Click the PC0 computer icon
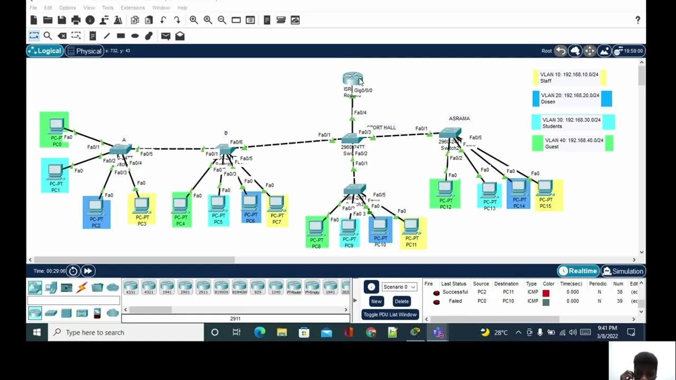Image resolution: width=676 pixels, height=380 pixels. [x=55, y=127]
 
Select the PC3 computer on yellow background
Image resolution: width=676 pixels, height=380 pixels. [x=142, y=206]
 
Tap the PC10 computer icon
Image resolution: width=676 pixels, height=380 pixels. [x=380, y=227]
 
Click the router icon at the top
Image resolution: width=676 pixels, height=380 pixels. [x=352, y=79]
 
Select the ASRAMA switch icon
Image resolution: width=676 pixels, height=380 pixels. [x=450, y=133]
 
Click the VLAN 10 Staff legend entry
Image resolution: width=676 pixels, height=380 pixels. [x=569, y=78]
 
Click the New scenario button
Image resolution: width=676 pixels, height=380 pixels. [x=376, y=301]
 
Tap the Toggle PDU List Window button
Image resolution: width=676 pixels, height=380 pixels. [x=390, y=315]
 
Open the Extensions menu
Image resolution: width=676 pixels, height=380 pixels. [x=133, y=8]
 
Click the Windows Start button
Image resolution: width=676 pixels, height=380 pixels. [x=37, y=332]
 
